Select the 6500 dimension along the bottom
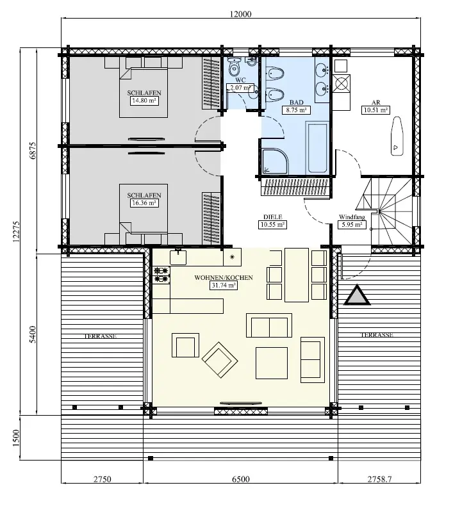(x=240, y=478)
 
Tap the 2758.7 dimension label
(x=381, y=478)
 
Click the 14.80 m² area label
(x=144, y=101)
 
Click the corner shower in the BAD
(x=276, y=161)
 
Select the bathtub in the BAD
(x=318, y=149)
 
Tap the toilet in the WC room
(x=234, y=65)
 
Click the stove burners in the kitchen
(x=161, y=274)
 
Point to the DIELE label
(x=272, y=217)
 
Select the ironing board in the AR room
(x=397, y=136)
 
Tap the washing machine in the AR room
(x=342, y=83)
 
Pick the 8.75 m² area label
(x=295, y=110)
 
